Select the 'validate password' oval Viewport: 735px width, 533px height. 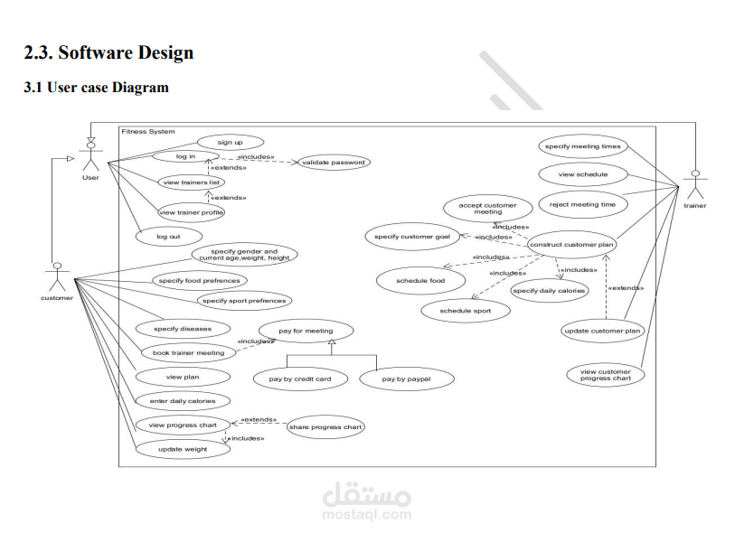pyautogui.click(x=334, y=163)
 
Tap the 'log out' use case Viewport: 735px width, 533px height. pyautogui.click(x=167, y=236)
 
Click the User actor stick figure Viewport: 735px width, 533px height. pyautogui.click(x=90, y=155)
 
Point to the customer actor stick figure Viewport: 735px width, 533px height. pyautogui.click(x=57, y=277)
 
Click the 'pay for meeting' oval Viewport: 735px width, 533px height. pyautogui.click(x=306, y=331)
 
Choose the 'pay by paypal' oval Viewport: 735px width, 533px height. pyautogui.click(x=406, y=379)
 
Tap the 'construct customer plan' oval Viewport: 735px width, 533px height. pyautogui.click(x=572, y=244)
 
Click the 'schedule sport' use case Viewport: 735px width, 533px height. pyautogui.click(x=466, y=311)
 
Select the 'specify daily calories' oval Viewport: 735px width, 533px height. pyautogui.click(x=549, y=291)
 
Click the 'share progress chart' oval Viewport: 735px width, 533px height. pyautogui.click(x=325, y=427)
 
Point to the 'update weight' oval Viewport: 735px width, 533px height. pyautogui.click(x=183, y=449)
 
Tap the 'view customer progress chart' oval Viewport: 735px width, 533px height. pyautogui.click(x=605, y=375)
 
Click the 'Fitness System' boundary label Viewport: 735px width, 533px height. pyautogui.click(x=148, y=132)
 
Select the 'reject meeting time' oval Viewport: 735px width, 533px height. pyautogui.click(x=582, y=204)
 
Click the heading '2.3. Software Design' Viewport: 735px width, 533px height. pyautogui.click(x=108, y=52)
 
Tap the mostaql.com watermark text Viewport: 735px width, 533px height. pyautogui.click(x=366, y=514)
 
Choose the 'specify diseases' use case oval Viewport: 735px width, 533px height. pyautogui.click(x=183, y=329)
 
